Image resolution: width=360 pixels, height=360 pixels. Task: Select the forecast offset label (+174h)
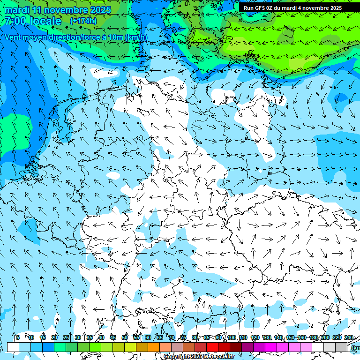83,21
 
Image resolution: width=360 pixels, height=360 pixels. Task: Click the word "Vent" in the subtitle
13,37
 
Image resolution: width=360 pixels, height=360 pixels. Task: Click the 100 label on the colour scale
231,337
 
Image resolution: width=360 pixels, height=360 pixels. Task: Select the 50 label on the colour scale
125,337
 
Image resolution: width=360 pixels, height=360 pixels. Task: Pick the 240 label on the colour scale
348,337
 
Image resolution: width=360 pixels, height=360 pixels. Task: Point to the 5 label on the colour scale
18,337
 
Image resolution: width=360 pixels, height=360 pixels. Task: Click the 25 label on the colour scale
66,337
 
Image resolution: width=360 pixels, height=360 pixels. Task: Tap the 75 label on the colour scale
183,337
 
